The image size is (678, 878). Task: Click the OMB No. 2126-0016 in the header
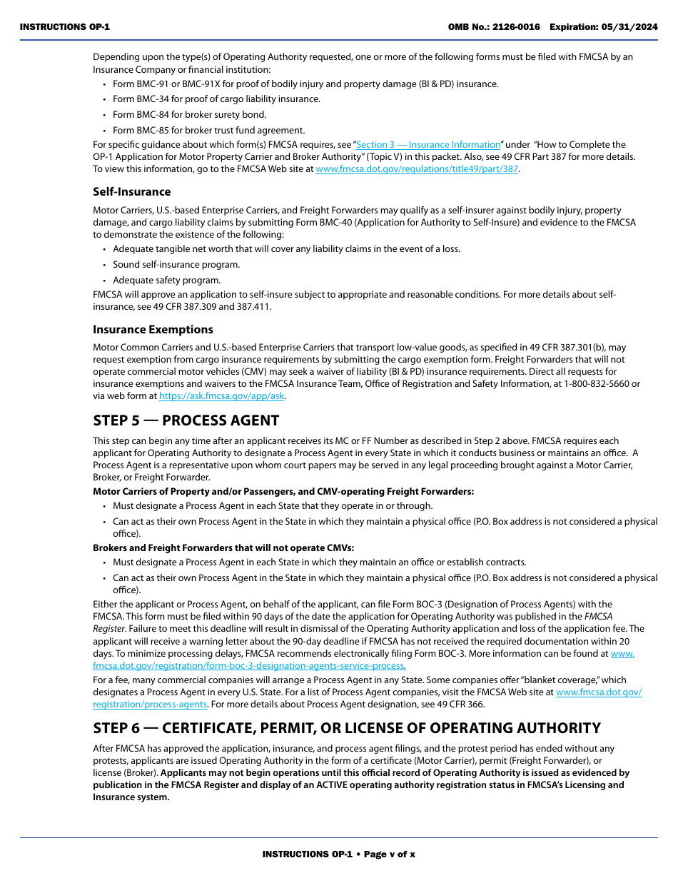click(494, 27)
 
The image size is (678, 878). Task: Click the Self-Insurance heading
click(131, 191)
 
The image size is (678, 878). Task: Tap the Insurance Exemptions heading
click(153, 329)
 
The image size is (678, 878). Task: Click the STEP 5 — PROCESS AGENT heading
click(186, 420)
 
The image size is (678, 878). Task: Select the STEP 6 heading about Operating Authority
click(346, 728)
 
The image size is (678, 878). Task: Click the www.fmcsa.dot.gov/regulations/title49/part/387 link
click(417, 168)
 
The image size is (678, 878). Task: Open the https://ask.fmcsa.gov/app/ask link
click(221, 395)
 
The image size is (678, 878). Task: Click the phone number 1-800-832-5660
click(599, 383)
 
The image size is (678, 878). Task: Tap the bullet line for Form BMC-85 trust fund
click(208, 130)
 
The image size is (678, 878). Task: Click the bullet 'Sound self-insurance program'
click(176, 264)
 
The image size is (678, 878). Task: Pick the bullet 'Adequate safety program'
click(166, 280)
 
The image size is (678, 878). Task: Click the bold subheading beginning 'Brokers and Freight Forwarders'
click(223, 548)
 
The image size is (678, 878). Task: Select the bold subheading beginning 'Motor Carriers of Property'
click(283, 491)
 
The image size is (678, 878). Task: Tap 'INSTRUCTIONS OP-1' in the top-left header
click(65, 27)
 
